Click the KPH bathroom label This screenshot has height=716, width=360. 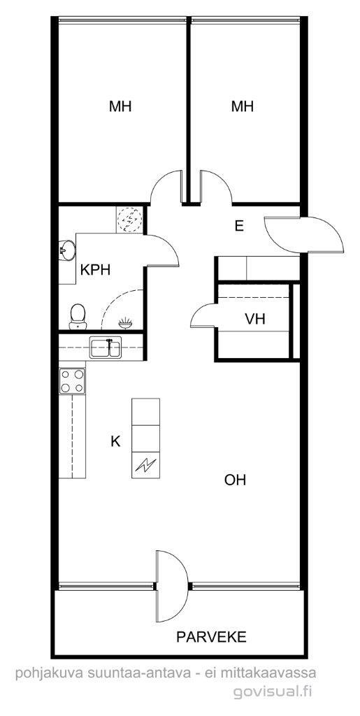[x=95, y=270]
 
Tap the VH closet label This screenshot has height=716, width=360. [x=255, y=319]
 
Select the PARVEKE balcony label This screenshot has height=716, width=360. [x=212, y=636]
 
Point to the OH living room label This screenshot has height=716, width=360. [x=236, y=480]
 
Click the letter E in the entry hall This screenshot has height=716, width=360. [x=239, y=226]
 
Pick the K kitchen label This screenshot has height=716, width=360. [x=115, y=441]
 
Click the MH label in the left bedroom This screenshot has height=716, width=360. [x=120, y=106]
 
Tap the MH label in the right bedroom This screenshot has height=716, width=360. [x=243, y=106]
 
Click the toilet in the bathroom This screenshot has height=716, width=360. [x=78, y=317]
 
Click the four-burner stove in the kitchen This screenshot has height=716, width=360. [x=72, y=381]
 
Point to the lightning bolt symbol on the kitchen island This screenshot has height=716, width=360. [x=146, y=465]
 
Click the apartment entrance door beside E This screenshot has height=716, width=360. [x=303, y=235]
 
